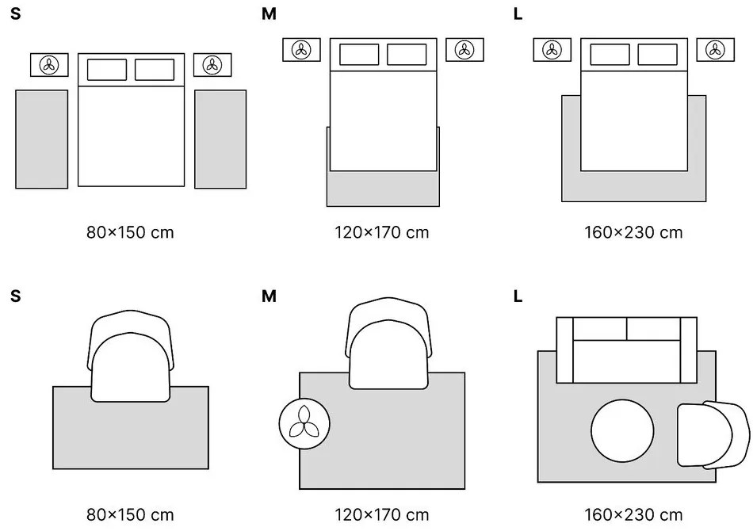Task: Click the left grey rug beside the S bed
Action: point(42,139)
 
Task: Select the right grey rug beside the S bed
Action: point(220,139)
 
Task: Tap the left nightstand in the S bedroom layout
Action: point(50,65)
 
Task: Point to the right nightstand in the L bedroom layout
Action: point(716,50)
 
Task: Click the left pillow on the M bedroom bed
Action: point(359,55)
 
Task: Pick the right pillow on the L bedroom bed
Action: point(657,55)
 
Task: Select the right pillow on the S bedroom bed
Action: point(155,70)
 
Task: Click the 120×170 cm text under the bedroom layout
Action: point(383,232)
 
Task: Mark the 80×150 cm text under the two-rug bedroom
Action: point(131,232)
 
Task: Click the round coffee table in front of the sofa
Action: point(623,432)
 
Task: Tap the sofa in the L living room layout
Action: point(626,350)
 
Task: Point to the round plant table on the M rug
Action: point(305,422)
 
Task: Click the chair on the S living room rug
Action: point(132,357)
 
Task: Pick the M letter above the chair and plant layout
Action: point(269,297)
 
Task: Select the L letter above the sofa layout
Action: point(518,297)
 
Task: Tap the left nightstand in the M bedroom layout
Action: point(301,50)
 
